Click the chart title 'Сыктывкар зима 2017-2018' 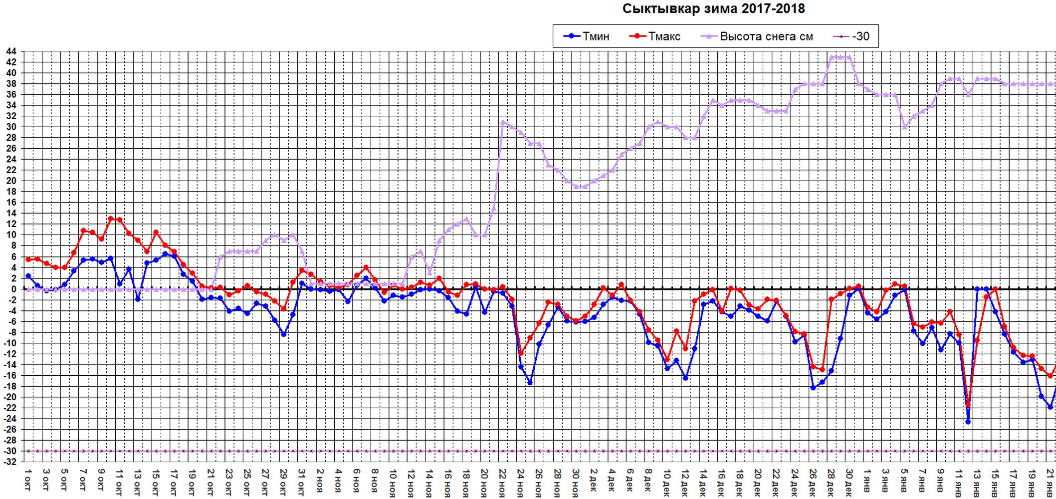pos(713,8)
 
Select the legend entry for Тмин pos(586,36)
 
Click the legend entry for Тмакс pos(654,36)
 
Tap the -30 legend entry pos(852,36)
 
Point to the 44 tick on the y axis pos(11,51)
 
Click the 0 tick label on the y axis pos(13,289)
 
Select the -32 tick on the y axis pos(10,462)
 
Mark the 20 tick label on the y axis pos(11,181)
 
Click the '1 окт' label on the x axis pos(28,480)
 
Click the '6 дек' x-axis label pos(631,481)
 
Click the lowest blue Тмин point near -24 pos(968,422)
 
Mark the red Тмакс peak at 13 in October pos(111,219)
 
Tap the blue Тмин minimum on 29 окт pos(283,334)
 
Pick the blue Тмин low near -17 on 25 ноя pos(530,382)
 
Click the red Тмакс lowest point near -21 pos(968,404)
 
